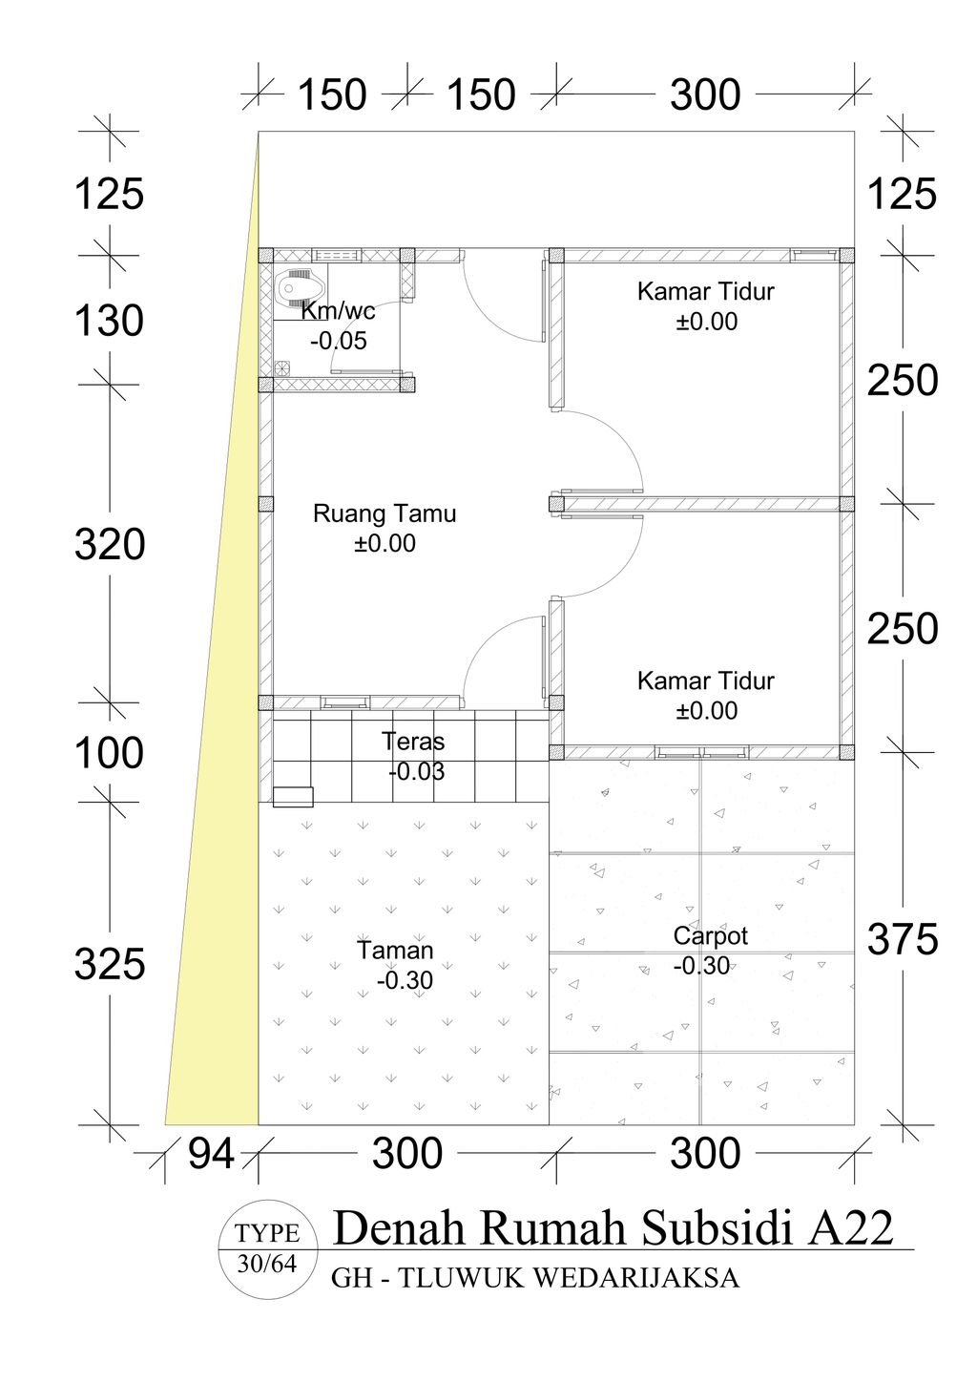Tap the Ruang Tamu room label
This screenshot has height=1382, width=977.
point(385,513)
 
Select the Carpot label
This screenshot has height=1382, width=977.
point(710,936)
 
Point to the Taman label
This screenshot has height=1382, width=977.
point(395,951)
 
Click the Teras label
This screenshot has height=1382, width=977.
point(412,741)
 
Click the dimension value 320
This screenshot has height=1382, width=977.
point(110,545)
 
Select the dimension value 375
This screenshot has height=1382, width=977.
point(903,940)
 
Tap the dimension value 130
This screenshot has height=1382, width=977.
point(109,321)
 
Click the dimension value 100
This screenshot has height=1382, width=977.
point(109,753)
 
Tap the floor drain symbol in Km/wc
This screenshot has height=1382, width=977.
point(281,367)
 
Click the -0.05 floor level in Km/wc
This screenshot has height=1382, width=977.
point(339,341)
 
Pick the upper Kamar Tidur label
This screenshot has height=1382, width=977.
point(706,291)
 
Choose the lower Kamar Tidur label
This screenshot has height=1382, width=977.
point(706,681)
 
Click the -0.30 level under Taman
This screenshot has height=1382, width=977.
point(405,980)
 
